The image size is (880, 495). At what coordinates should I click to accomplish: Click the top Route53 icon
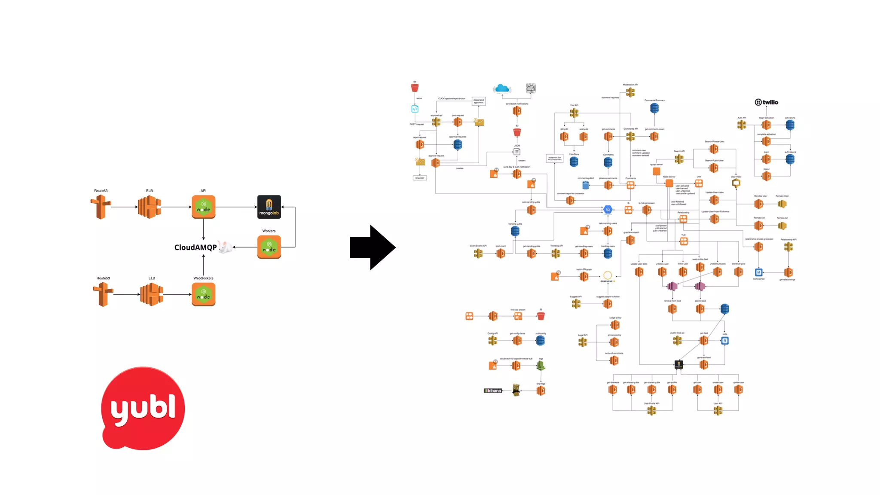coord(101,207)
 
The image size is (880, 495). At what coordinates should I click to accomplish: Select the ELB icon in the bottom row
coord(152,294)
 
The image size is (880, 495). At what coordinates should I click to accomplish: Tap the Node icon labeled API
coord(204,207)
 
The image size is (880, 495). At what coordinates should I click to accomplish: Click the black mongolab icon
coord(269,207)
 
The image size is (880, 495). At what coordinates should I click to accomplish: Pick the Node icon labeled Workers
coord(269,247)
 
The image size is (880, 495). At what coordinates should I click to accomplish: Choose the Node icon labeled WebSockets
coord(204,294)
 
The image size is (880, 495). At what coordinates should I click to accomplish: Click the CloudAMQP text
coord(196,247)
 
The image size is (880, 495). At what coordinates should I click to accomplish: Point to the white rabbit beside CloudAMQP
coord(225,247)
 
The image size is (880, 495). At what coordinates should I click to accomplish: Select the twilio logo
coord(767,102)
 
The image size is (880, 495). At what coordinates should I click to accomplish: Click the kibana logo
coord(493,391)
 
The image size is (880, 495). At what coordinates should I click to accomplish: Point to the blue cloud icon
coord(502,89)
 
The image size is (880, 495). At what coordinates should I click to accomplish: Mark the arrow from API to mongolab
coord(236,207)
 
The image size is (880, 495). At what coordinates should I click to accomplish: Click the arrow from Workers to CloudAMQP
coord(245,247)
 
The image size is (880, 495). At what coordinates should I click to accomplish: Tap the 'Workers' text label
coord(269,231)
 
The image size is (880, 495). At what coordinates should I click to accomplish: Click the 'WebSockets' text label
coord(203,278)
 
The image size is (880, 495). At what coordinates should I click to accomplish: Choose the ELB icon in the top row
coord(149,207)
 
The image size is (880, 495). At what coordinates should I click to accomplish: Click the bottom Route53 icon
coord(103,294)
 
